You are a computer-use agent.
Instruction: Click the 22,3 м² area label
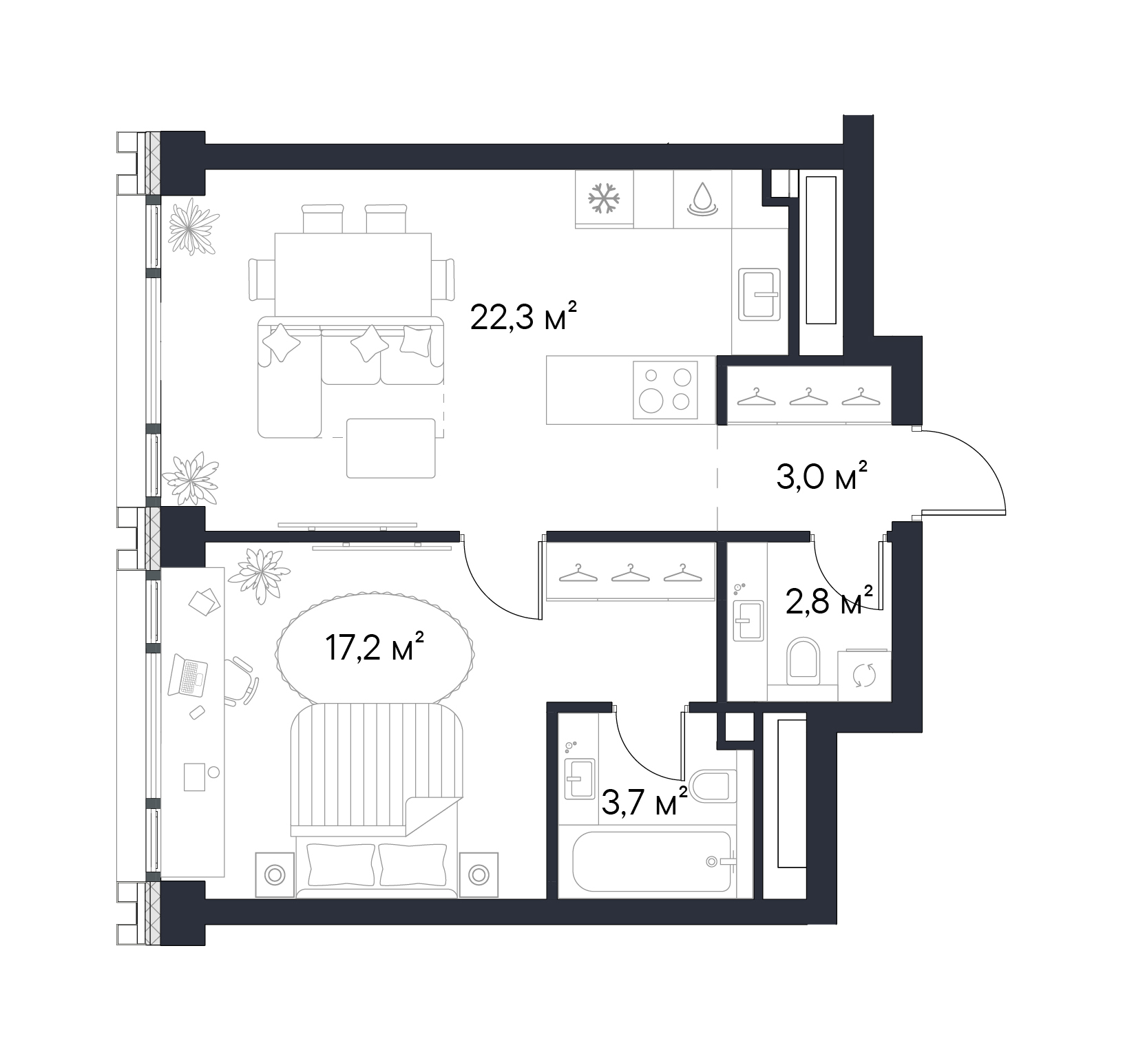pos(522,318)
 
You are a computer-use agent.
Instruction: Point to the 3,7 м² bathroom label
pos(644,802)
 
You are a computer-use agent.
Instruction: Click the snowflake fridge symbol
pos(604,198)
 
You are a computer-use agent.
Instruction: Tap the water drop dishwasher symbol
pos(702,198)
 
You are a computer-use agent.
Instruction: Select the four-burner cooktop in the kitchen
pos(665,390)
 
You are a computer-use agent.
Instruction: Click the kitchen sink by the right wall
pos(759,295)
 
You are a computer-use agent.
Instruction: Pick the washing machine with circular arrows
pos(864,675)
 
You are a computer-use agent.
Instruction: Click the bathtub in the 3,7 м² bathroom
pos(651,863)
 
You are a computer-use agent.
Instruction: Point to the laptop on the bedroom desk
pos(191,675)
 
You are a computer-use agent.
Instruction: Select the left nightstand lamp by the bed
pos(274,875)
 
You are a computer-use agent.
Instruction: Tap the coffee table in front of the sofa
pos(391,448)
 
